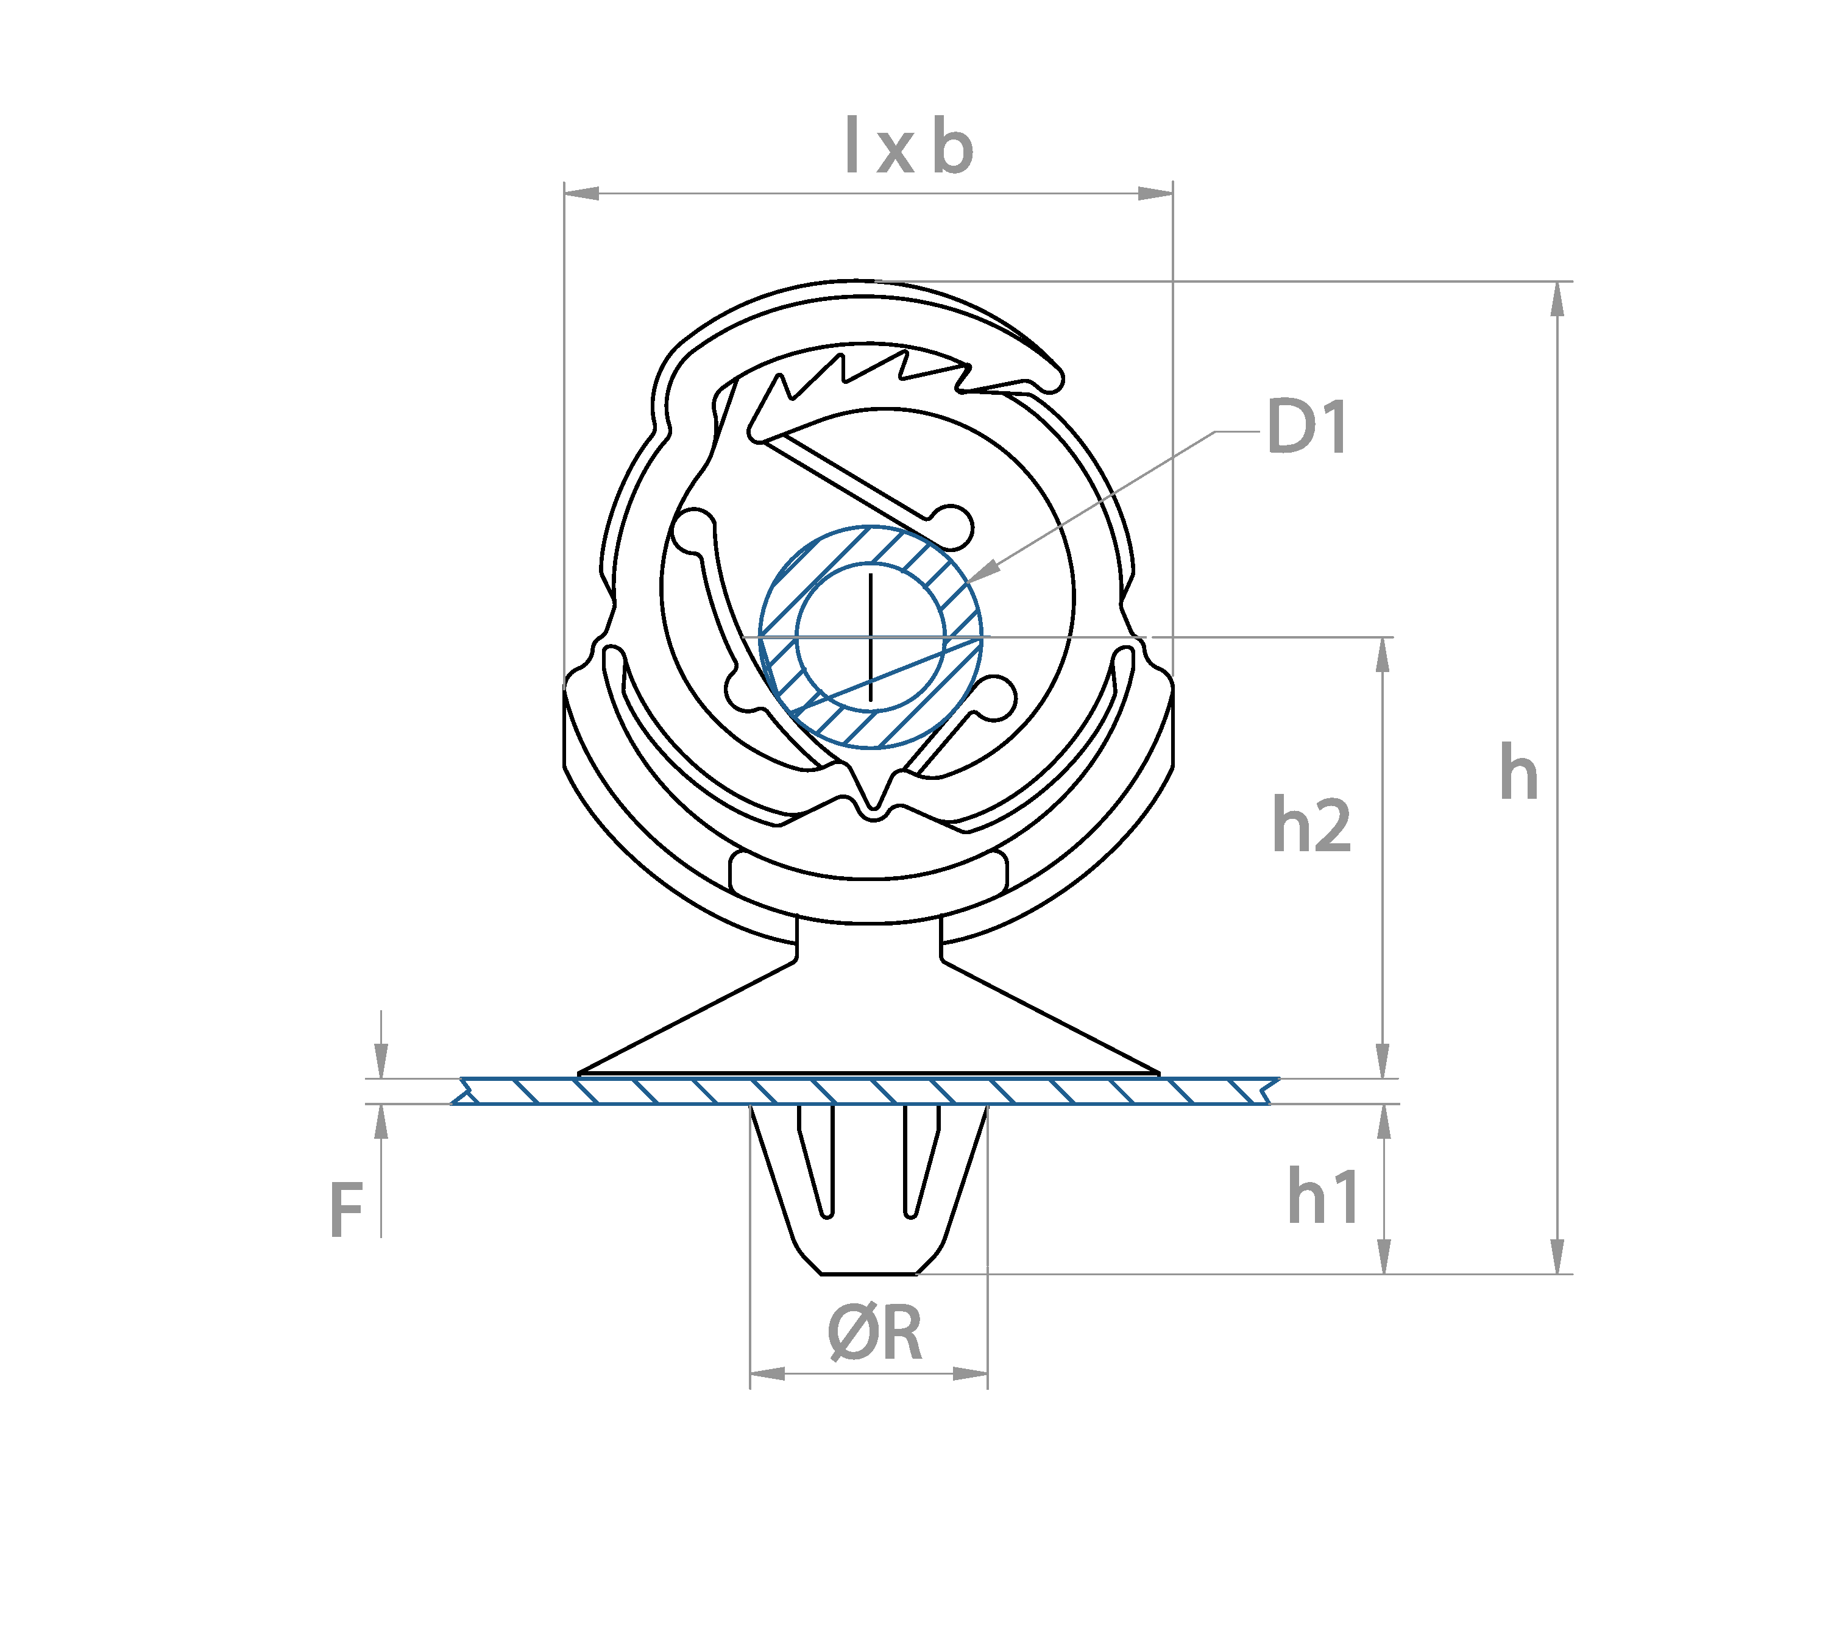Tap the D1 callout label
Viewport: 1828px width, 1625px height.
pos(1306,428)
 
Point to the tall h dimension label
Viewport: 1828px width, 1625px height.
pos(1518,773)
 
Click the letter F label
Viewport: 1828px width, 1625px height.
pos(346,1210)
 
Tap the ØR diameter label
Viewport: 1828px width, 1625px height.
pos(874,1333)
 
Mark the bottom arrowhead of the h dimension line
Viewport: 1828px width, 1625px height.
pos(1557,1256)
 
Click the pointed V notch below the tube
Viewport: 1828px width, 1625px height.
pos(874,791)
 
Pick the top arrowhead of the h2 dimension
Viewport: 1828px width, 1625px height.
pos(1383,654)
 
